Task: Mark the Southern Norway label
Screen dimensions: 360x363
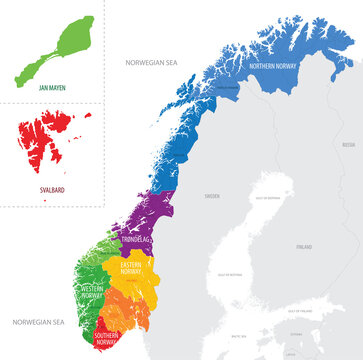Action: click(x=109, y=334)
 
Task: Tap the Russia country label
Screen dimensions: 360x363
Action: click(x=348, y=144)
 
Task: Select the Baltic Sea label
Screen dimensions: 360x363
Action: click(x=238, y=337)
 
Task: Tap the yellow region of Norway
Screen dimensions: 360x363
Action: click(x=150, y=285)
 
